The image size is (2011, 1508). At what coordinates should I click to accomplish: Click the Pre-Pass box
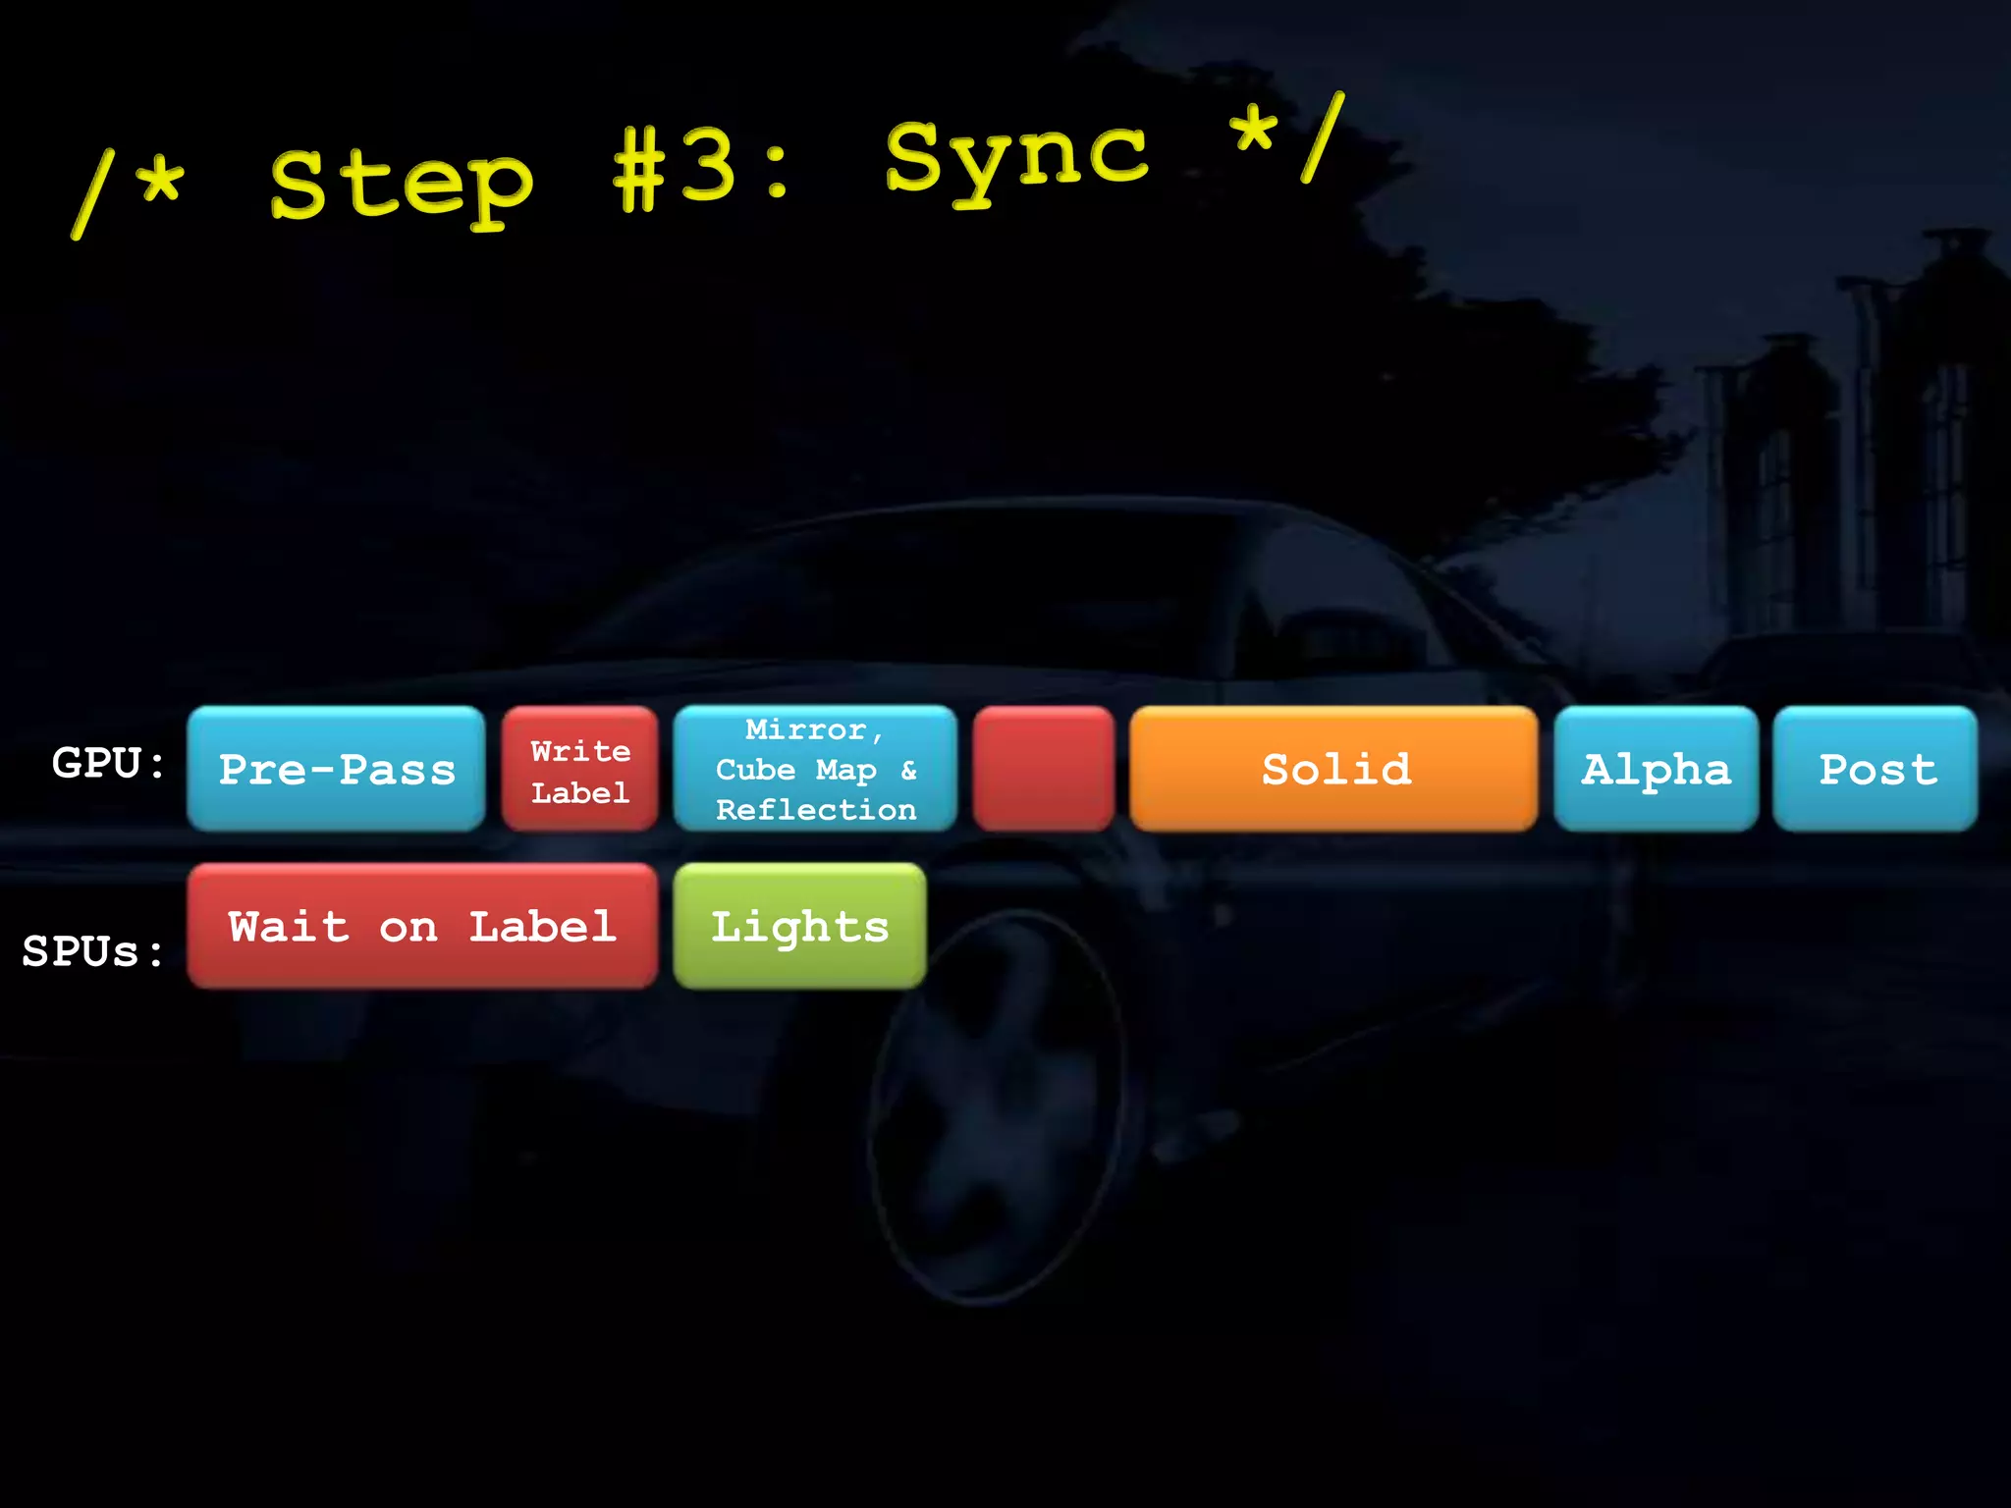click(x=336, y=769)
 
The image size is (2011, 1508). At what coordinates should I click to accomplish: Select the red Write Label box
click(x=579, y=769)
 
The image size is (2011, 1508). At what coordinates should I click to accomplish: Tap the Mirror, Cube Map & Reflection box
click(x=815, y=769)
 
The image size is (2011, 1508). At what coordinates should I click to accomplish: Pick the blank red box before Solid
click(x=1043, y=769)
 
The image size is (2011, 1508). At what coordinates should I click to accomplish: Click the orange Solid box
click(x=1333, y=769)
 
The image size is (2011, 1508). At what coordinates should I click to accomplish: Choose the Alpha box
click(x=1656, y=769)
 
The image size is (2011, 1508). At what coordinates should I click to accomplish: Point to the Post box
click(x=1875, y=769)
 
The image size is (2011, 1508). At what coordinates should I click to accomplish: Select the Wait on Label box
click(x=422, y=926)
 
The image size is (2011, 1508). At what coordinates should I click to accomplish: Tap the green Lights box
click(x=799, y=926)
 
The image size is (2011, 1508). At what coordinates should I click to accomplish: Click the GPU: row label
click(x=109, y=763)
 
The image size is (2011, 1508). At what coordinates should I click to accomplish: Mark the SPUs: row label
click(x=93, y=950)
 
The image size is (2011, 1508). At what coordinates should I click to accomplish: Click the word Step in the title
click(x=402, y=187)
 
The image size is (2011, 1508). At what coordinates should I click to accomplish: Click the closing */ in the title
click(x=1286, y=137)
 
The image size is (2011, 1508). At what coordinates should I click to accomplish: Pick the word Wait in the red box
click(x=289, y=926)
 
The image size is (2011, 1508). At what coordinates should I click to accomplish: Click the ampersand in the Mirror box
click(x=908, y=770)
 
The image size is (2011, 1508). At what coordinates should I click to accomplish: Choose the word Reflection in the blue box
click(x=816, y=810)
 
